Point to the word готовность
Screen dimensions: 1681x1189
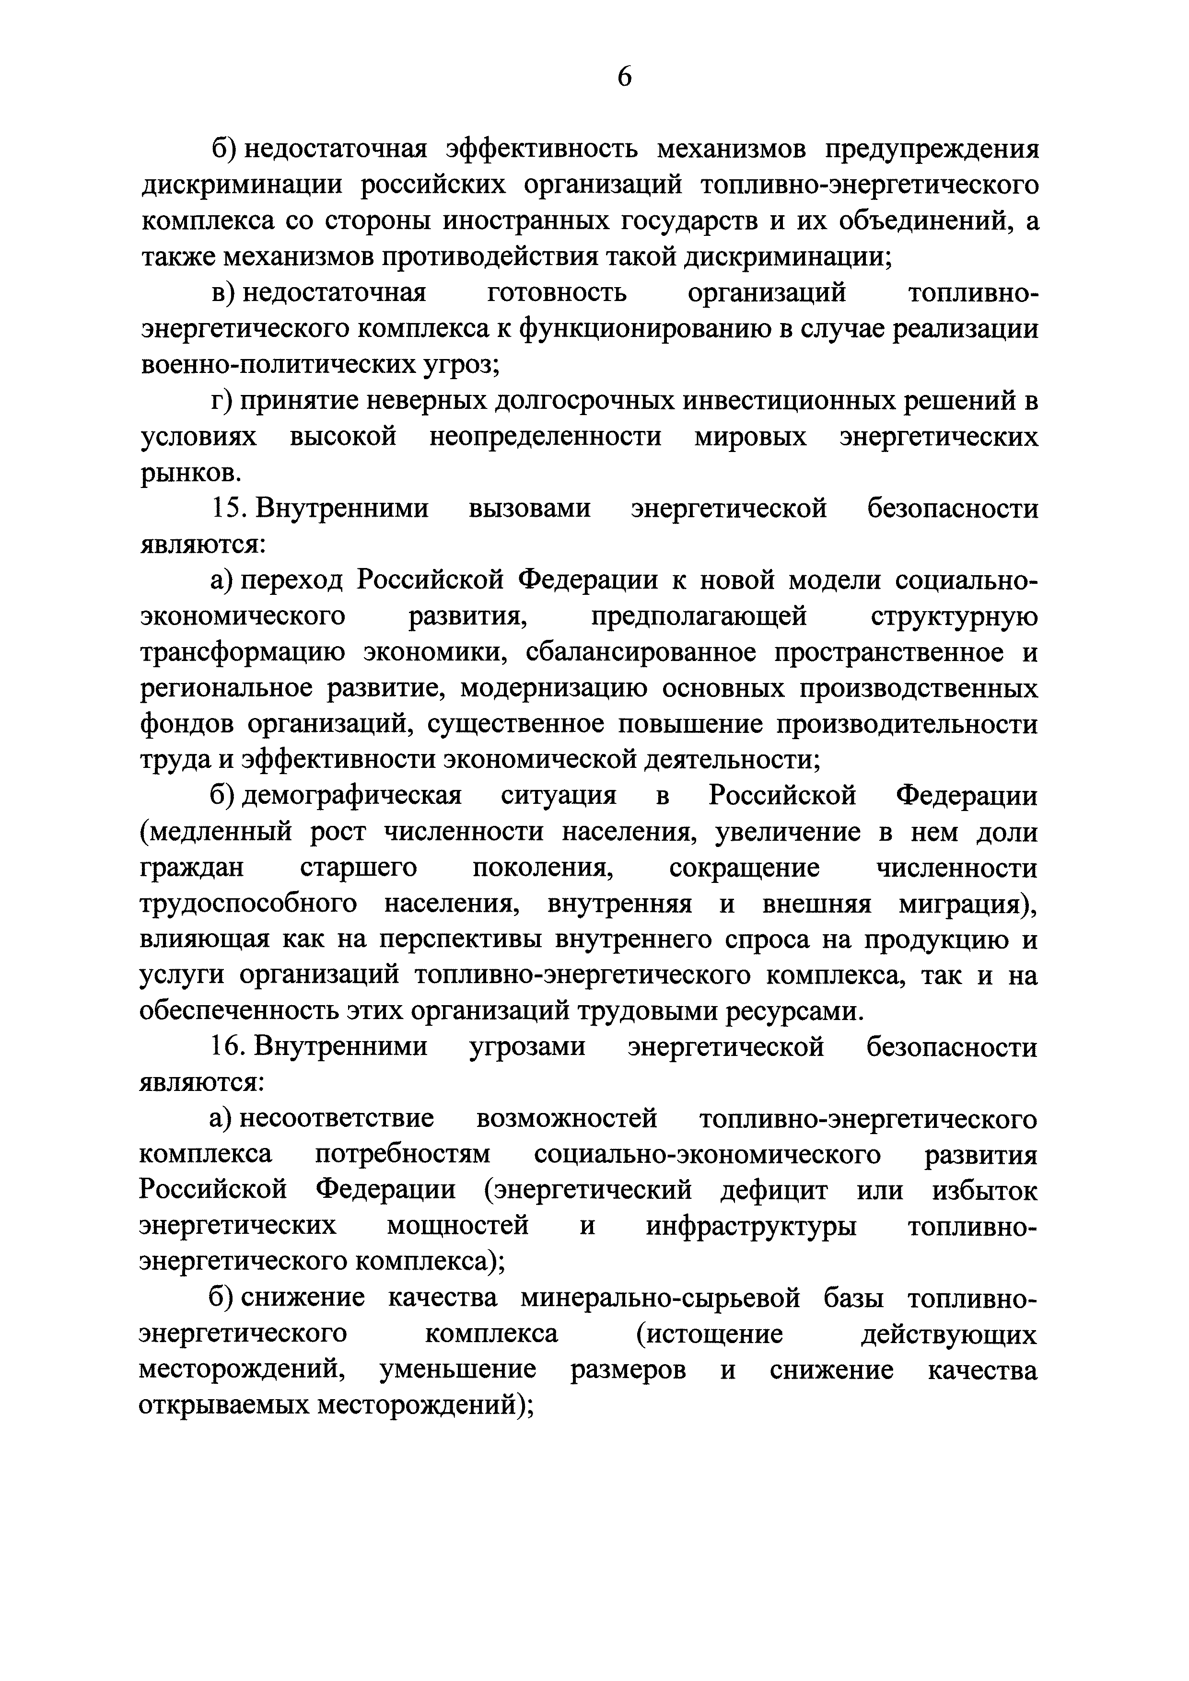point(557,293)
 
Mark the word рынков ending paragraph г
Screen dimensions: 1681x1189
point(189,473)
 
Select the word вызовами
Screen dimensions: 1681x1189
point(529,508)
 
